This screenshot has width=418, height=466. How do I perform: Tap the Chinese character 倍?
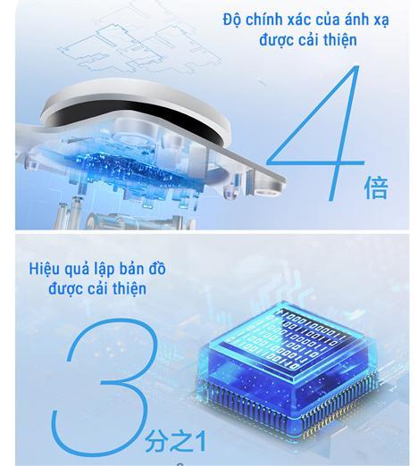click(376, 187)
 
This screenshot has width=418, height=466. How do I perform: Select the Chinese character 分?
click(155, 440)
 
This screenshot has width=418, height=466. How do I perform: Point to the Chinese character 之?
click(178, 440)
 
